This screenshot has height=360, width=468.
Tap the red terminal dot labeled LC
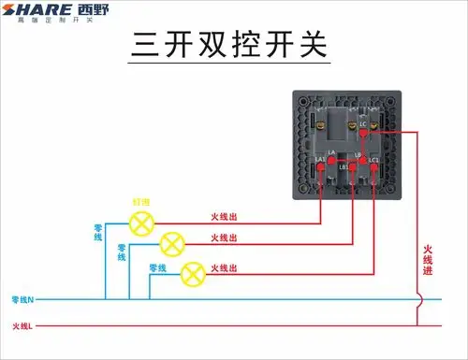coord(363,136)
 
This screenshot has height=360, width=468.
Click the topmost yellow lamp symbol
coord(142,223)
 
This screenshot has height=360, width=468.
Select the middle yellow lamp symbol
coord(170,245)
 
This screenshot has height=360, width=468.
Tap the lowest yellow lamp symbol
coord(191,273)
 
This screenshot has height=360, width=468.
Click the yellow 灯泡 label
coord(140,201)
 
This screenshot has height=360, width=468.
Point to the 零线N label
coord(23,299)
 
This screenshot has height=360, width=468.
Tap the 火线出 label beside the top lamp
coord(224,216)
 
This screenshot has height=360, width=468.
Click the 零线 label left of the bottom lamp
coord(157,268)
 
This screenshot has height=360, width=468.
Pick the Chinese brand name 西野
coord(95,12)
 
